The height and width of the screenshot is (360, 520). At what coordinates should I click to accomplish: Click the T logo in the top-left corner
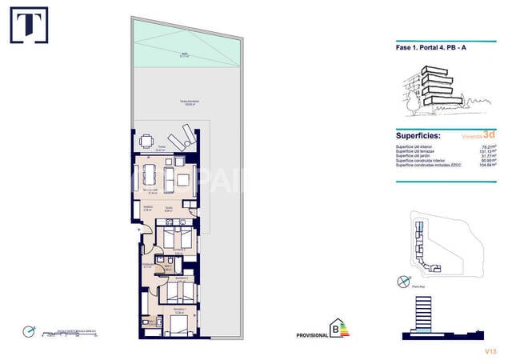coord(28,25)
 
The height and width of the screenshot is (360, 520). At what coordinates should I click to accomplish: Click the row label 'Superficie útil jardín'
coord(416,156)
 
